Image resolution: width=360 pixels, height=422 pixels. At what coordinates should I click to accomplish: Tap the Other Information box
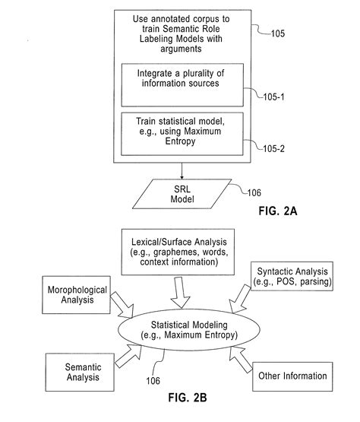coord(293,375)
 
